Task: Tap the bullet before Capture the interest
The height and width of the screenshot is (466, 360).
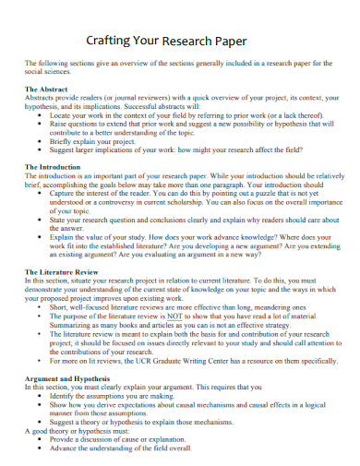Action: (40, 194)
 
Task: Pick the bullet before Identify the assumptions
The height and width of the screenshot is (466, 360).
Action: (40, 395)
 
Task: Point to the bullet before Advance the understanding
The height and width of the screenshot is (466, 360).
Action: (40, 448)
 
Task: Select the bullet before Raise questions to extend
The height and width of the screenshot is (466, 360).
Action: (40, 123)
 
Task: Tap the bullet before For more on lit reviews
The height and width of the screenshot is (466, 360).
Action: (40, 362)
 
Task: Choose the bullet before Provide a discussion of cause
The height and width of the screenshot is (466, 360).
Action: (40, 439)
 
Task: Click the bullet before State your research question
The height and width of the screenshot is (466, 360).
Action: (40, 221)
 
